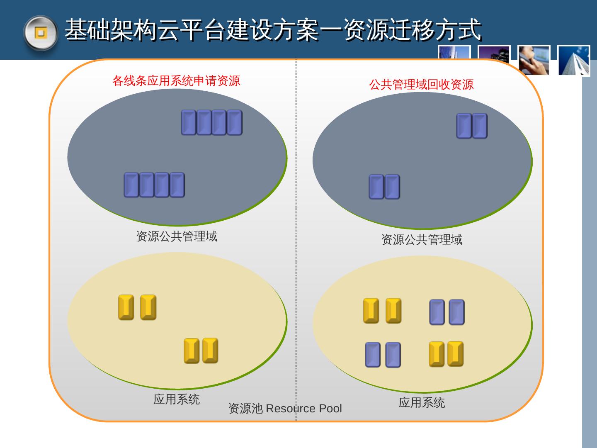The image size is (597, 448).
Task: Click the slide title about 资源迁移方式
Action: (273, 30)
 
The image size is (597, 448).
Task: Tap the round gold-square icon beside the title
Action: (40, 33)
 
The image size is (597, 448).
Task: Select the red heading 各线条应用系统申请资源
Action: (176, 80)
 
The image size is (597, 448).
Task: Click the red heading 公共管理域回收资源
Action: (421, 85)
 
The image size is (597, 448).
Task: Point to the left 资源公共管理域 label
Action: (177, 236)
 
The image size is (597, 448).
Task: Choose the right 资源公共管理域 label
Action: (422, 239)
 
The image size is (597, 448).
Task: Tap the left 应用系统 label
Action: (177, 399)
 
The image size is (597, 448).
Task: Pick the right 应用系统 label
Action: (422, 402)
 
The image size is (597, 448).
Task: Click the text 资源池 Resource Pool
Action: (285, 409)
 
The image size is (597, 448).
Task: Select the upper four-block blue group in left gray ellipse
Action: (211, 122)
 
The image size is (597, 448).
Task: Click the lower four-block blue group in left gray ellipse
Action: (154, 185)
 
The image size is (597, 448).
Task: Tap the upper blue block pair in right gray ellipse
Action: (472, 126)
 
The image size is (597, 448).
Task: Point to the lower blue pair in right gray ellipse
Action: (384, 187)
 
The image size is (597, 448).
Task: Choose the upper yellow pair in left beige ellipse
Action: (137, 307)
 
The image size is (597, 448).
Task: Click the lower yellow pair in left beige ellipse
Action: (201, 351)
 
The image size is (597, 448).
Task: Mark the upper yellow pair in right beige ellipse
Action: (382, 311)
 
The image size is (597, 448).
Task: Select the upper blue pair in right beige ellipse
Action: (447, 312)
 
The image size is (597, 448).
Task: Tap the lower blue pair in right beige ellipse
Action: (383, 355)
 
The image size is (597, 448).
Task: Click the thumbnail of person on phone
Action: (534, 61)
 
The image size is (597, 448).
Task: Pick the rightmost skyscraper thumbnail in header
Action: (574, 61)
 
